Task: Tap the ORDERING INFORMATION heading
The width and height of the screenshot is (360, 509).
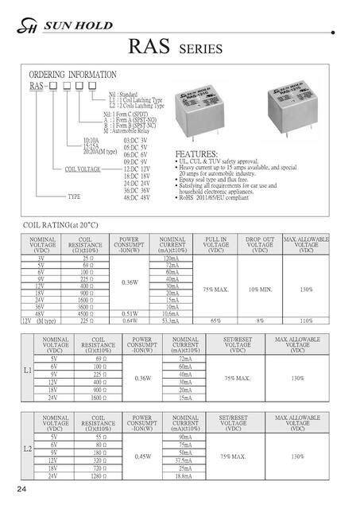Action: pyautogui.click(x=74, y=75)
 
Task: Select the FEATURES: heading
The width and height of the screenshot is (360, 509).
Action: pyautogui.click(x=195, y=153)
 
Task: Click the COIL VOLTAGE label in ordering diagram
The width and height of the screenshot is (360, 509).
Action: pyautogui.click(x=78, y=169)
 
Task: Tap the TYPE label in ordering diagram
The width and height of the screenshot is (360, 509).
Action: pyautogui.click(x=74, y=196)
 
